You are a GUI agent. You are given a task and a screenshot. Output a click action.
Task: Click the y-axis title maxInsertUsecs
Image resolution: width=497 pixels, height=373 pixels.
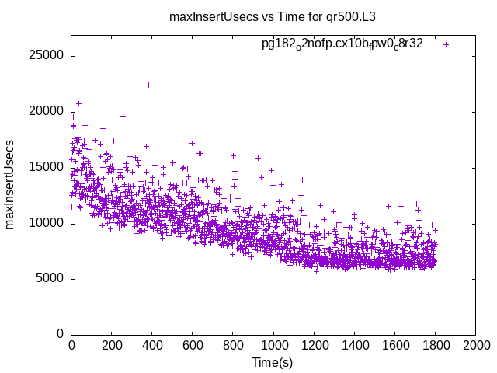pyautogui.click(x=10, y=184)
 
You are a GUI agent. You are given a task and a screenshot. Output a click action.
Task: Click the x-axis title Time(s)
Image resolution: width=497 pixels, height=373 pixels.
pyautogui.click(x=273, y=362)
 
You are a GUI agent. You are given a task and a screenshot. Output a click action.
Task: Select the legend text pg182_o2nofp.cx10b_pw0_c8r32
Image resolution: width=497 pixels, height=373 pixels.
pyautogui.click(x=342, y=44)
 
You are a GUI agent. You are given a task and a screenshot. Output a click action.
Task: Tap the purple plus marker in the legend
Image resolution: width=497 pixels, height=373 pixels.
pyautogui.click(x=446, y=44)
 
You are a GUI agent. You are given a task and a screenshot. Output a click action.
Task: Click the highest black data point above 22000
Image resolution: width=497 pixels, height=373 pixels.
pyautogui.click(x=148, y=85)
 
